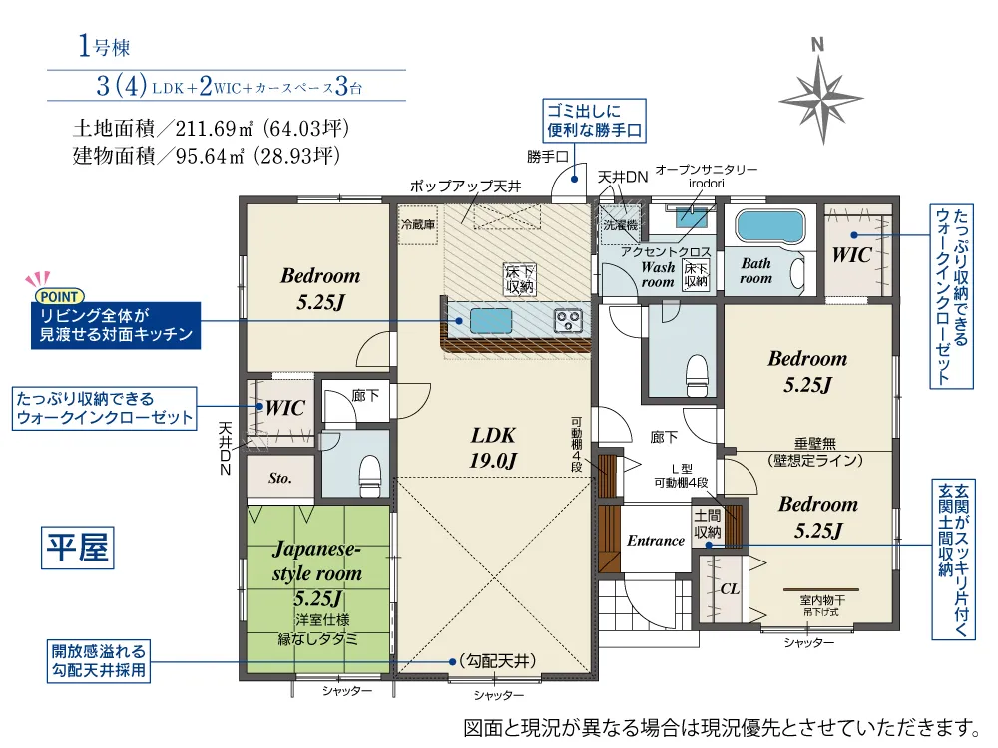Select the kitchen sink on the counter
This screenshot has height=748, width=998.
point(491,320)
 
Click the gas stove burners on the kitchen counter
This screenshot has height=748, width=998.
point(567,320)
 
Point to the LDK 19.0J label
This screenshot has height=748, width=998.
point(493,447)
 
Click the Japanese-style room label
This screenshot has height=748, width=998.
point(317,572)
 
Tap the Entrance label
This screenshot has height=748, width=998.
point(656,541)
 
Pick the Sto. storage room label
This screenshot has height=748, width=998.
point(279,478)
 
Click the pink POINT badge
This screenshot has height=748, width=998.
point(59,296)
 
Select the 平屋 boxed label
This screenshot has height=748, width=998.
point(78,547)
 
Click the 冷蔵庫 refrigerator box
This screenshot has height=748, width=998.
point(418,225)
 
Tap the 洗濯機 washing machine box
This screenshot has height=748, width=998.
point(621,224)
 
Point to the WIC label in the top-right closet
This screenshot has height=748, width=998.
point(851,255)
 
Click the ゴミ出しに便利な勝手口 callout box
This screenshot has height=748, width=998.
point(594,121)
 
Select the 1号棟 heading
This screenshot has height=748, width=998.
point(104,46)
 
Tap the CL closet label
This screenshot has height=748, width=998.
point(731,589)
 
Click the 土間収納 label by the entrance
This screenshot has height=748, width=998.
point(707,524)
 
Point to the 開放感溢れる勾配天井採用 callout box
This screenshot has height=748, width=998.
point(99,661)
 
